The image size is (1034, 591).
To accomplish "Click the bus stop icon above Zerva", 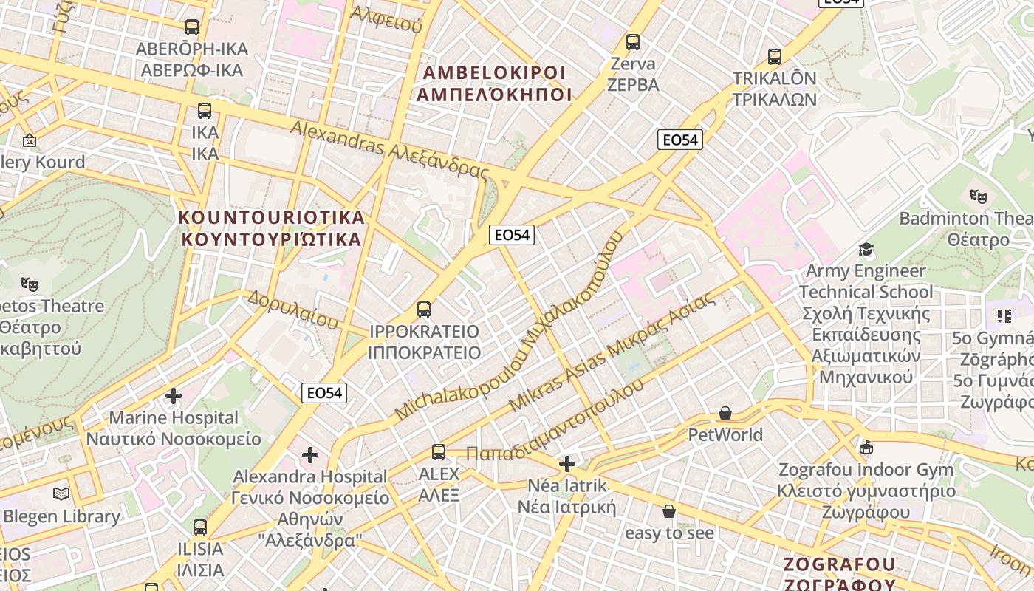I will click(633, 42).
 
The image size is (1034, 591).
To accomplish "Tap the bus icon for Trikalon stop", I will click(775, 57).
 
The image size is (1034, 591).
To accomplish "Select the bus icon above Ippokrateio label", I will click(424, 310).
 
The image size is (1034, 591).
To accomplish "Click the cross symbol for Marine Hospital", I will click(174, 397).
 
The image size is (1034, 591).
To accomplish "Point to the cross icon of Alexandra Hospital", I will click(310, 455).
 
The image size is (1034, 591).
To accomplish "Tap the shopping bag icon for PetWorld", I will click(725, 414).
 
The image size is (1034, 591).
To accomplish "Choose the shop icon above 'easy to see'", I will click(669, 511).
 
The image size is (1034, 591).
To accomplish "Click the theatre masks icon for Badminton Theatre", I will click(979, 197).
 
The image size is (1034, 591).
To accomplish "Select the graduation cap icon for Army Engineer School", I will click(866, 250).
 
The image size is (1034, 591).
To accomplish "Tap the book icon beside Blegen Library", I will click(62, 494).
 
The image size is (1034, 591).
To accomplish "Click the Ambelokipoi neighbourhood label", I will click(494, 83).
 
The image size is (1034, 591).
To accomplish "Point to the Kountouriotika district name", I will click(273, 228).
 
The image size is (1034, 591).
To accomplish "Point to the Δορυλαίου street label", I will click(292, 309).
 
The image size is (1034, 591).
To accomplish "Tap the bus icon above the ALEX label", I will click(439, 452).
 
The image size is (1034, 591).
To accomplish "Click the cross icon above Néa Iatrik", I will click(567, 464).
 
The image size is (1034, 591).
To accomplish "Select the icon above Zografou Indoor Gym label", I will click(866, 448).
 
